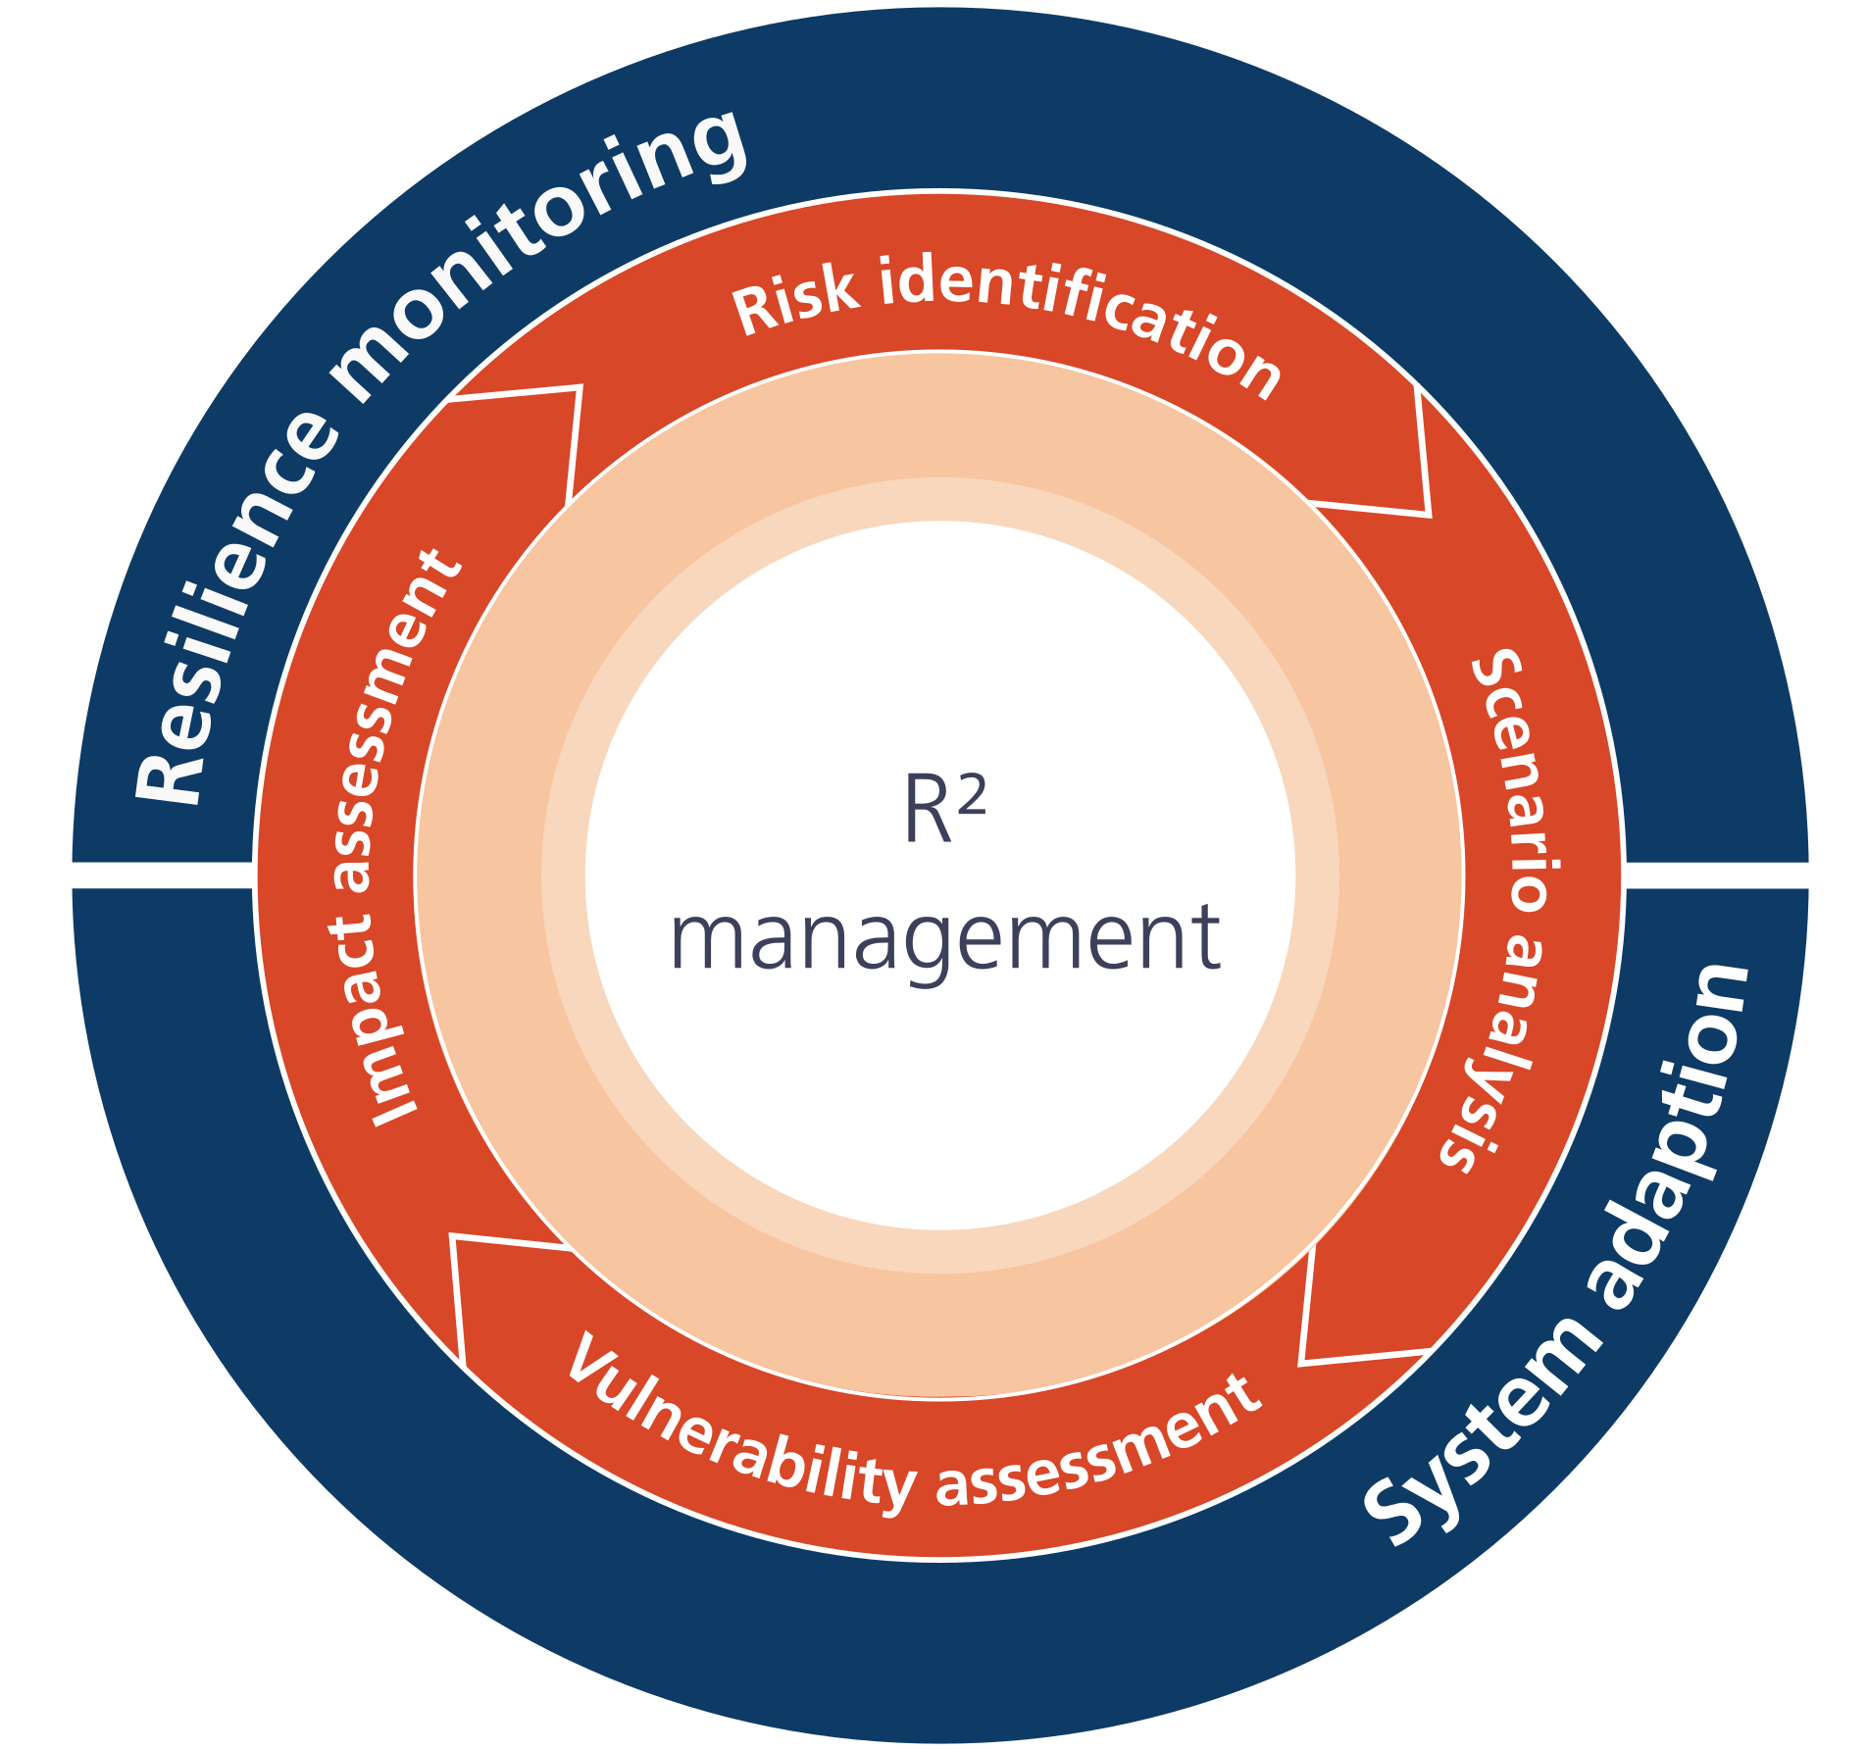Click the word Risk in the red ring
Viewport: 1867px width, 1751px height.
[x=794, y=300]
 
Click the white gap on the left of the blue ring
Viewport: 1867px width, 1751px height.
[x=163, y=875]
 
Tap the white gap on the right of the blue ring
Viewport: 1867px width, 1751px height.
[x=1716, y=875]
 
